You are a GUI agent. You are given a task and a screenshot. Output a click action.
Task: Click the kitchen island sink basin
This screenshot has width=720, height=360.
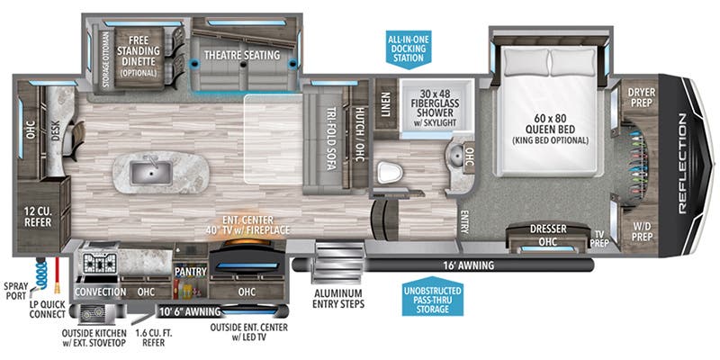point(151,173)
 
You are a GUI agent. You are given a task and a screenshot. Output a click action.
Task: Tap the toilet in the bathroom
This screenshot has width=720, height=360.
point(390,174)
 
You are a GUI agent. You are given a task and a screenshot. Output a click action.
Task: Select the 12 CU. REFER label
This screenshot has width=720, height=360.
point(38,217)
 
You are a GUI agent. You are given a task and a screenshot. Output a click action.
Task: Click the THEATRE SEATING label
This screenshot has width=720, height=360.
point(242,55)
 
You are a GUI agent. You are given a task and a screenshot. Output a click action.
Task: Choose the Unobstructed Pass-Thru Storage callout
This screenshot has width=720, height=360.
point(432,297)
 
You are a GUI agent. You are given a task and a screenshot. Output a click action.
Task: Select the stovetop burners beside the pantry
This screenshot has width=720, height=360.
point(100,262)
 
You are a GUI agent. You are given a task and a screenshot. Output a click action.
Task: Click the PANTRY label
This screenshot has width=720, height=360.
point(191,272)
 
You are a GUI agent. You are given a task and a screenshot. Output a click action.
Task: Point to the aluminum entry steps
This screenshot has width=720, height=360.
point(337,263)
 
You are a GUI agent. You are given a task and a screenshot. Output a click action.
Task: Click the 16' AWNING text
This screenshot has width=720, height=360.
point(469,265)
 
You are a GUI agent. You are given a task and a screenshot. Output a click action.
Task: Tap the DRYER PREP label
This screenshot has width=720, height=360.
point(642,97)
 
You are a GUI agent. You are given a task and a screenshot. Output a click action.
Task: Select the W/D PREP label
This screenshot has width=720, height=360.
point(641,231)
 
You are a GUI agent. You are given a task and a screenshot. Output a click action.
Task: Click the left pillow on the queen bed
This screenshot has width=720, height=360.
point(526,62)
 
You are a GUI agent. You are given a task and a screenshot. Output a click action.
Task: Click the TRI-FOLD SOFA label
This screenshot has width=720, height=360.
point(329,140)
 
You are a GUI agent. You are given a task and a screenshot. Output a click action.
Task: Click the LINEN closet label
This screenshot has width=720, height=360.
point(385,103)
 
